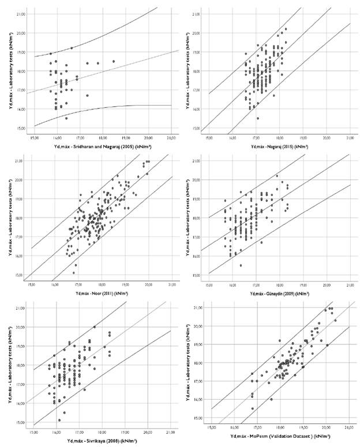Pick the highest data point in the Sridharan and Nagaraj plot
72,48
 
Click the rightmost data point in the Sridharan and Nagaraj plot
114,61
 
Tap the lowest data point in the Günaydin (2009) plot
241,265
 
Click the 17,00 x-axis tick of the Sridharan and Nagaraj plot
80,138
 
